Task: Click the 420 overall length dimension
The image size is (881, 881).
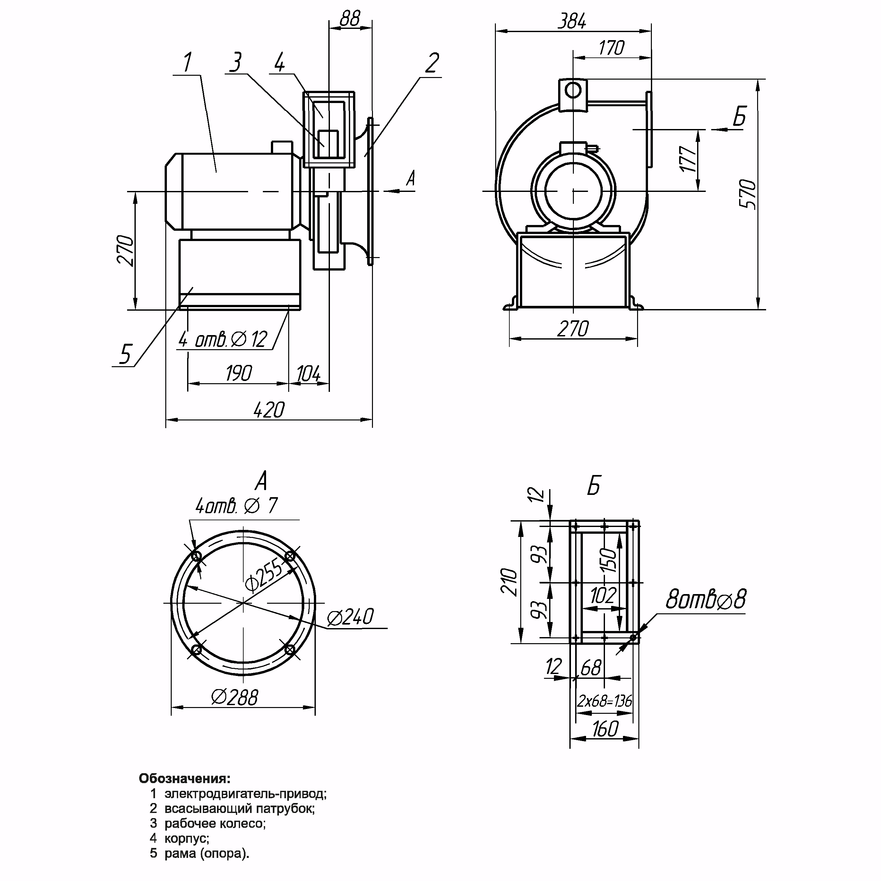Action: (269, 410)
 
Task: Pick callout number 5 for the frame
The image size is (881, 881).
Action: (125, 354)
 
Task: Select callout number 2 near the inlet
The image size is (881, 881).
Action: (432, 63)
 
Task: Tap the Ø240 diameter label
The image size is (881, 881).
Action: (350, 617)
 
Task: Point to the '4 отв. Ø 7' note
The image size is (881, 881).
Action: (236, 506)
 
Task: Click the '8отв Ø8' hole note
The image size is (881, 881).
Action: (706, 600)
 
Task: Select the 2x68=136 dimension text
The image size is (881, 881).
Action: (605, 701)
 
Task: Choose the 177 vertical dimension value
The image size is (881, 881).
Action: (688, 159)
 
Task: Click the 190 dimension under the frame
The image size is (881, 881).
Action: (238, 374)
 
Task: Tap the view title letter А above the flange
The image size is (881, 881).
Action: (261, 481)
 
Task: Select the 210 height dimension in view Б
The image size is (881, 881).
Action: (509, 582)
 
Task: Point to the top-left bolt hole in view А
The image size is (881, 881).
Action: (197, 556)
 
